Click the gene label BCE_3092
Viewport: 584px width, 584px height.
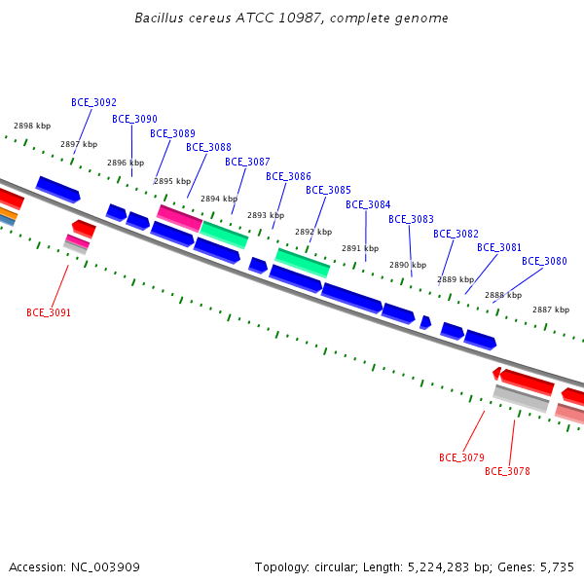(93, 102)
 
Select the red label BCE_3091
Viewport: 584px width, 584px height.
(49, 312)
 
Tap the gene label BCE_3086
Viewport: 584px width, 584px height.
(288, 176)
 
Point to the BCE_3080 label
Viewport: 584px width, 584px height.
(544, 261)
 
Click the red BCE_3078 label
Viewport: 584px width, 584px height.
(507, 471)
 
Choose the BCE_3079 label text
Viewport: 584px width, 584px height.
(461, 457)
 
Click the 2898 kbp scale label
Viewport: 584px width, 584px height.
(32, 126)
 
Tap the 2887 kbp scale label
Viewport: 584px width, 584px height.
(551, 310)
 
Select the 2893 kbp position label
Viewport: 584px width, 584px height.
(266, 215)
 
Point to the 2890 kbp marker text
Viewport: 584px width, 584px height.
(408, 265)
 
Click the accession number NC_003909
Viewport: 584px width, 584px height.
(105, 567)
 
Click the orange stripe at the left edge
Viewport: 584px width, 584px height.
(8, 213)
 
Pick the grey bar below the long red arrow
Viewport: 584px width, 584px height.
(521, 398)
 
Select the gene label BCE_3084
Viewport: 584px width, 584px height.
(368, 204)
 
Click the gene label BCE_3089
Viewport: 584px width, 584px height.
(172, 133)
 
